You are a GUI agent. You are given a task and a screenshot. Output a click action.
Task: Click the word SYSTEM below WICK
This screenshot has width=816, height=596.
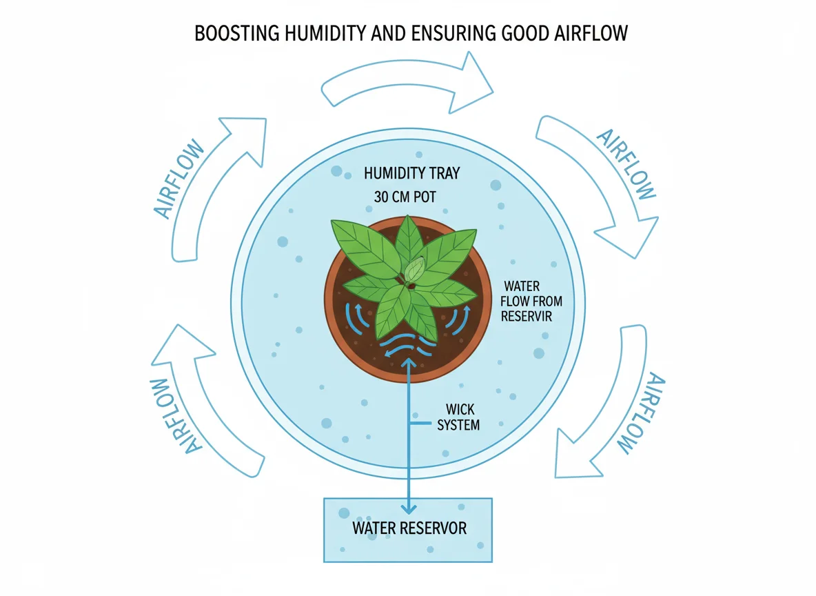(459, 425)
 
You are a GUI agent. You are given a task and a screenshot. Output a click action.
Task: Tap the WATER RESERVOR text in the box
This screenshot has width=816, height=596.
(409, 528)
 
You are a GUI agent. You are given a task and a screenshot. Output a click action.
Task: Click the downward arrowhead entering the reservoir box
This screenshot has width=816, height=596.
(409, 508)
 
